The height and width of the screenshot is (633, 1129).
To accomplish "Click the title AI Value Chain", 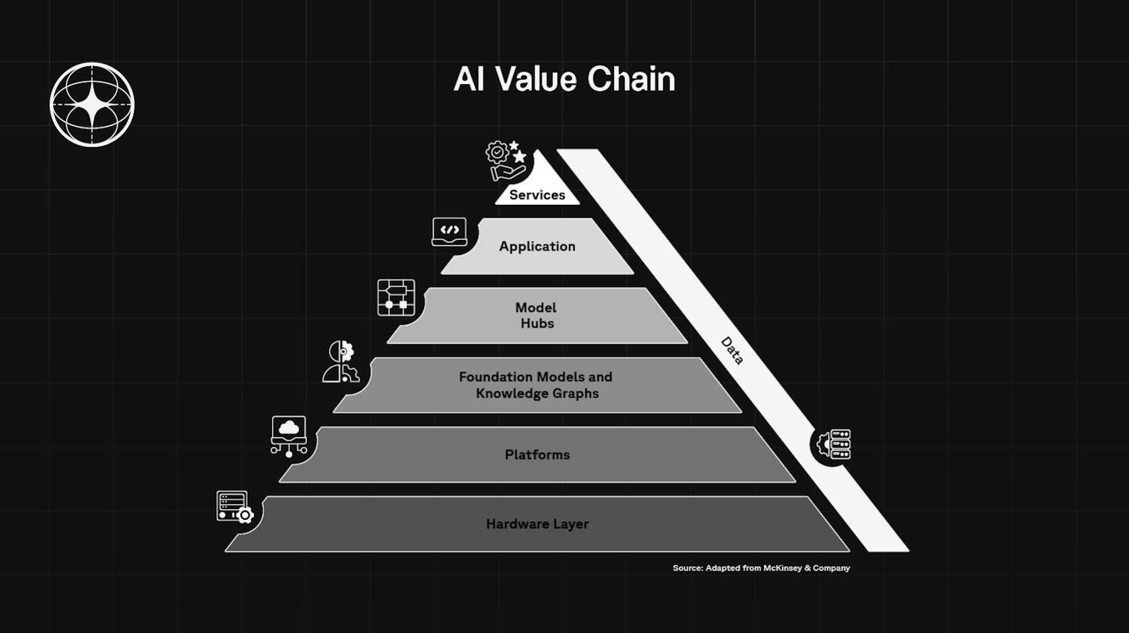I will pyautogui.click(x=564, y=79).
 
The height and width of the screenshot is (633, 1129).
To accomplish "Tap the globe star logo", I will pyautogui.click(x=92, y=104).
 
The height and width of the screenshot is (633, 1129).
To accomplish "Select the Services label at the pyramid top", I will pyautogui.click(x=537, y=195).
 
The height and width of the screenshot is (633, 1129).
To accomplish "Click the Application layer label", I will pyautogui.click(x=537, y=246).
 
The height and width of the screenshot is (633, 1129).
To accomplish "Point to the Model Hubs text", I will pyautogui.click(x=536, y=315).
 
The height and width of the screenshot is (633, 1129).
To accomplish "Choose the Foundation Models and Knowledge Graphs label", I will pyautogui.click(x=536, y=385).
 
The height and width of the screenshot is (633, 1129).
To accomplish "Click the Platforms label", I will pyautogui.click(x=537, y=455).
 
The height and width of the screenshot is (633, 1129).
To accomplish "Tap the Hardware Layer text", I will pyautogui.click(x=537, y=524).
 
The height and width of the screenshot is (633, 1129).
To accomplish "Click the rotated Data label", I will pyautogui.click(x=732, y=350).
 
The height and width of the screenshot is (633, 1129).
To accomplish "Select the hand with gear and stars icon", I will pyautogui.click(x=506, y=161).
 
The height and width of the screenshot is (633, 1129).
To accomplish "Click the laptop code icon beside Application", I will pyautogui.click(x=450, y=232).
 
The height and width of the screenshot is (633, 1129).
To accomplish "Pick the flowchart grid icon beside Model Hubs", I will pyautogui.click(x=396, y=298).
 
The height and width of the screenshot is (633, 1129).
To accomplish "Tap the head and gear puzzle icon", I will pyautogui.click(x=341, y=362).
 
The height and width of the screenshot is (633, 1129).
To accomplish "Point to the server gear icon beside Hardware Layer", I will pyautogui.click(x=234, y=507).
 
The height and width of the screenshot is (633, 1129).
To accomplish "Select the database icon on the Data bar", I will pyautogui.click(x=835, y=445).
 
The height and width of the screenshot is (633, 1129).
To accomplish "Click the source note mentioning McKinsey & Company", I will pyautogui.click(x=761, y=568).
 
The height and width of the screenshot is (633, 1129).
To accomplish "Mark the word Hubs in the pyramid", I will pyautogui.click(x=537, y=323).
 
